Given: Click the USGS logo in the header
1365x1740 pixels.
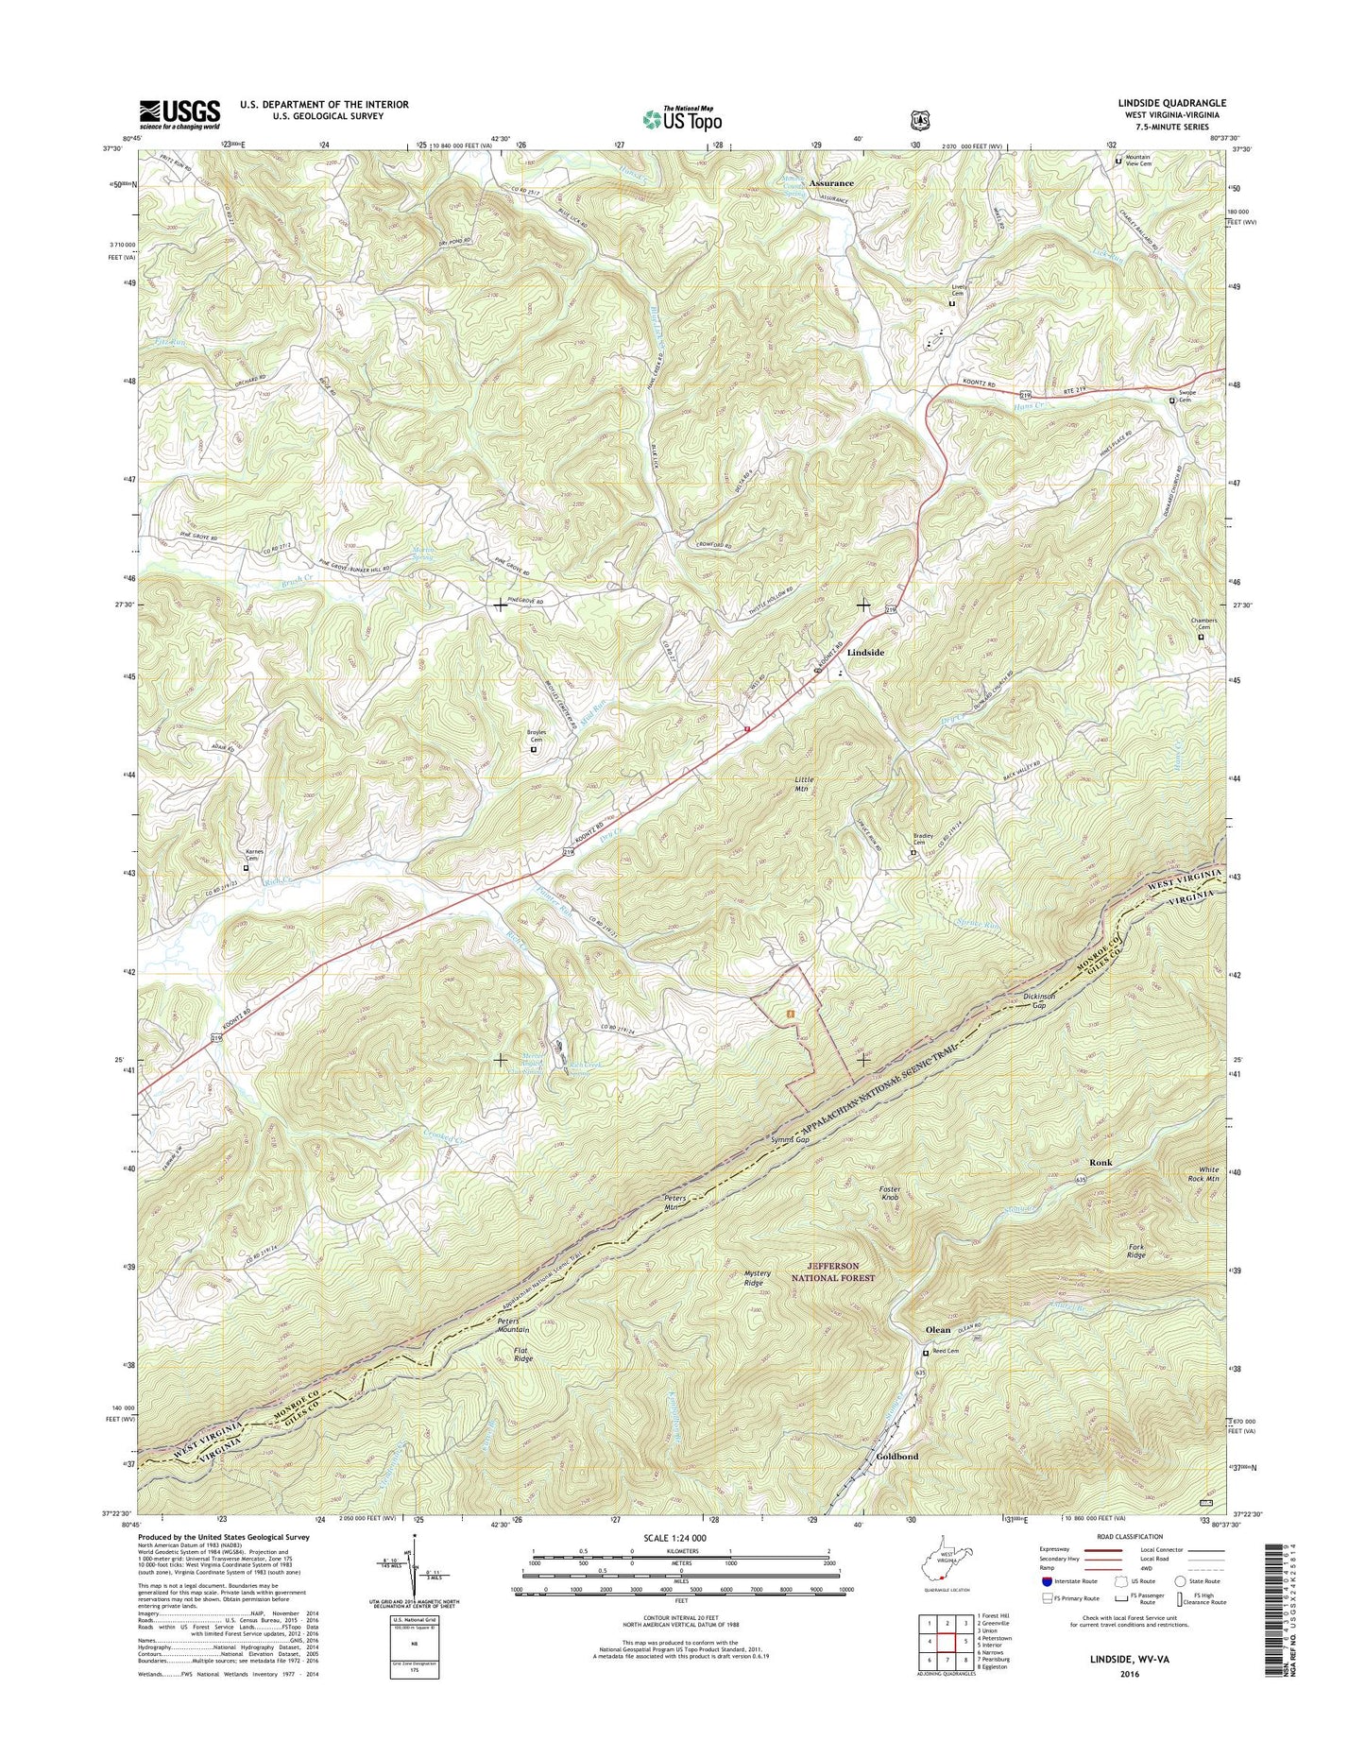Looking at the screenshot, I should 179,114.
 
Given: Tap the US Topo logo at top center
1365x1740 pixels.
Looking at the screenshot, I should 682,118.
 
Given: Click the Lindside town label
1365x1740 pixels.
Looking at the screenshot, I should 865,652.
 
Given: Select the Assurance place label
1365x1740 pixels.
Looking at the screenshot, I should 830,183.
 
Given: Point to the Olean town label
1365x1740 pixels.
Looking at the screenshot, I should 938,1329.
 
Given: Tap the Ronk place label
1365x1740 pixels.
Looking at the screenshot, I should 1101,1162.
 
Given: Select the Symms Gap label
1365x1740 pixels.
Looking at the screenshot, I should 790,1140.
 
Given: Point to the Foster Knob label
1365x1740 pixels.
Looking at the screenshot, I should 890,1193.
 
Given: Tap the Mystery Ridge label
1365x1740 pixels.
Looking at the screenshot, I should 757,1278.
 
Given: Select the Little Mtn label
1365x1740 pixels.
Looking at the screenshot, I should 802,783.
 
